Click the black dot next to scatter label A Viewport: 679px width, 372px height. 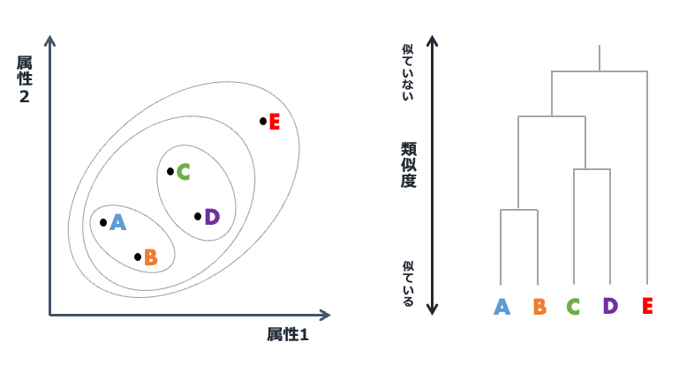(103, 222)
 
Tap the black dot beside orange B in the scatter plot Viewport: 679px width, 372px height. (138, 257)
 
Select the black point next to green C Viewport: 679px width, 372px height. (170, 171)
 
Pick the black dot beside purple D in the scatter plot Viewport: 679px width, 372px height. (198, 216)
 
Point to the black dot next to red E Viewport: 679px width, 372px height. (263, 121)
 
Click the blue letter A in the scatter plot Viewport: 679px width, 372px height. (117, 222)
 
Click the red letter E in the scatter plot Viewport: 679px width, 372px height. (274, 122)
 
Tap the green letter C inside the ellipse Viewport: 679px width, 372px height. (183, 172)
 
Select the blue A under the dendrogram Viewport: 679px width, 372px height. (502, 307)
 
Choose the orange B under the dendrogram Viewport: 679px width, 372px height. (539, 307)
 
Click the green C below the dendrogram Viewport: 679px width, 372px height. (573, 307)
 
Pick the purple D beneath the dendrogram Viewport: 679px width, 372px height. (610, 306)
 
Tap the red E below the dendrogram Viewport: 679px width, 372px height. (647, 307)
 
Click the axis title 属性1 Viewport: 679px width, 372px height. (288, 335)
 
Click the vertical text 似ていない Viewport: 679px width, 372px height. (407, 71)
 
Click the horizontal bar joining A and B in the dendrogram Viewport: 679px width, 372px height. (519, 210)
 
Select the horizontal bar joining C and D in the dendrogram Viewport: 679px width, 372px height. (592, 169)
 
